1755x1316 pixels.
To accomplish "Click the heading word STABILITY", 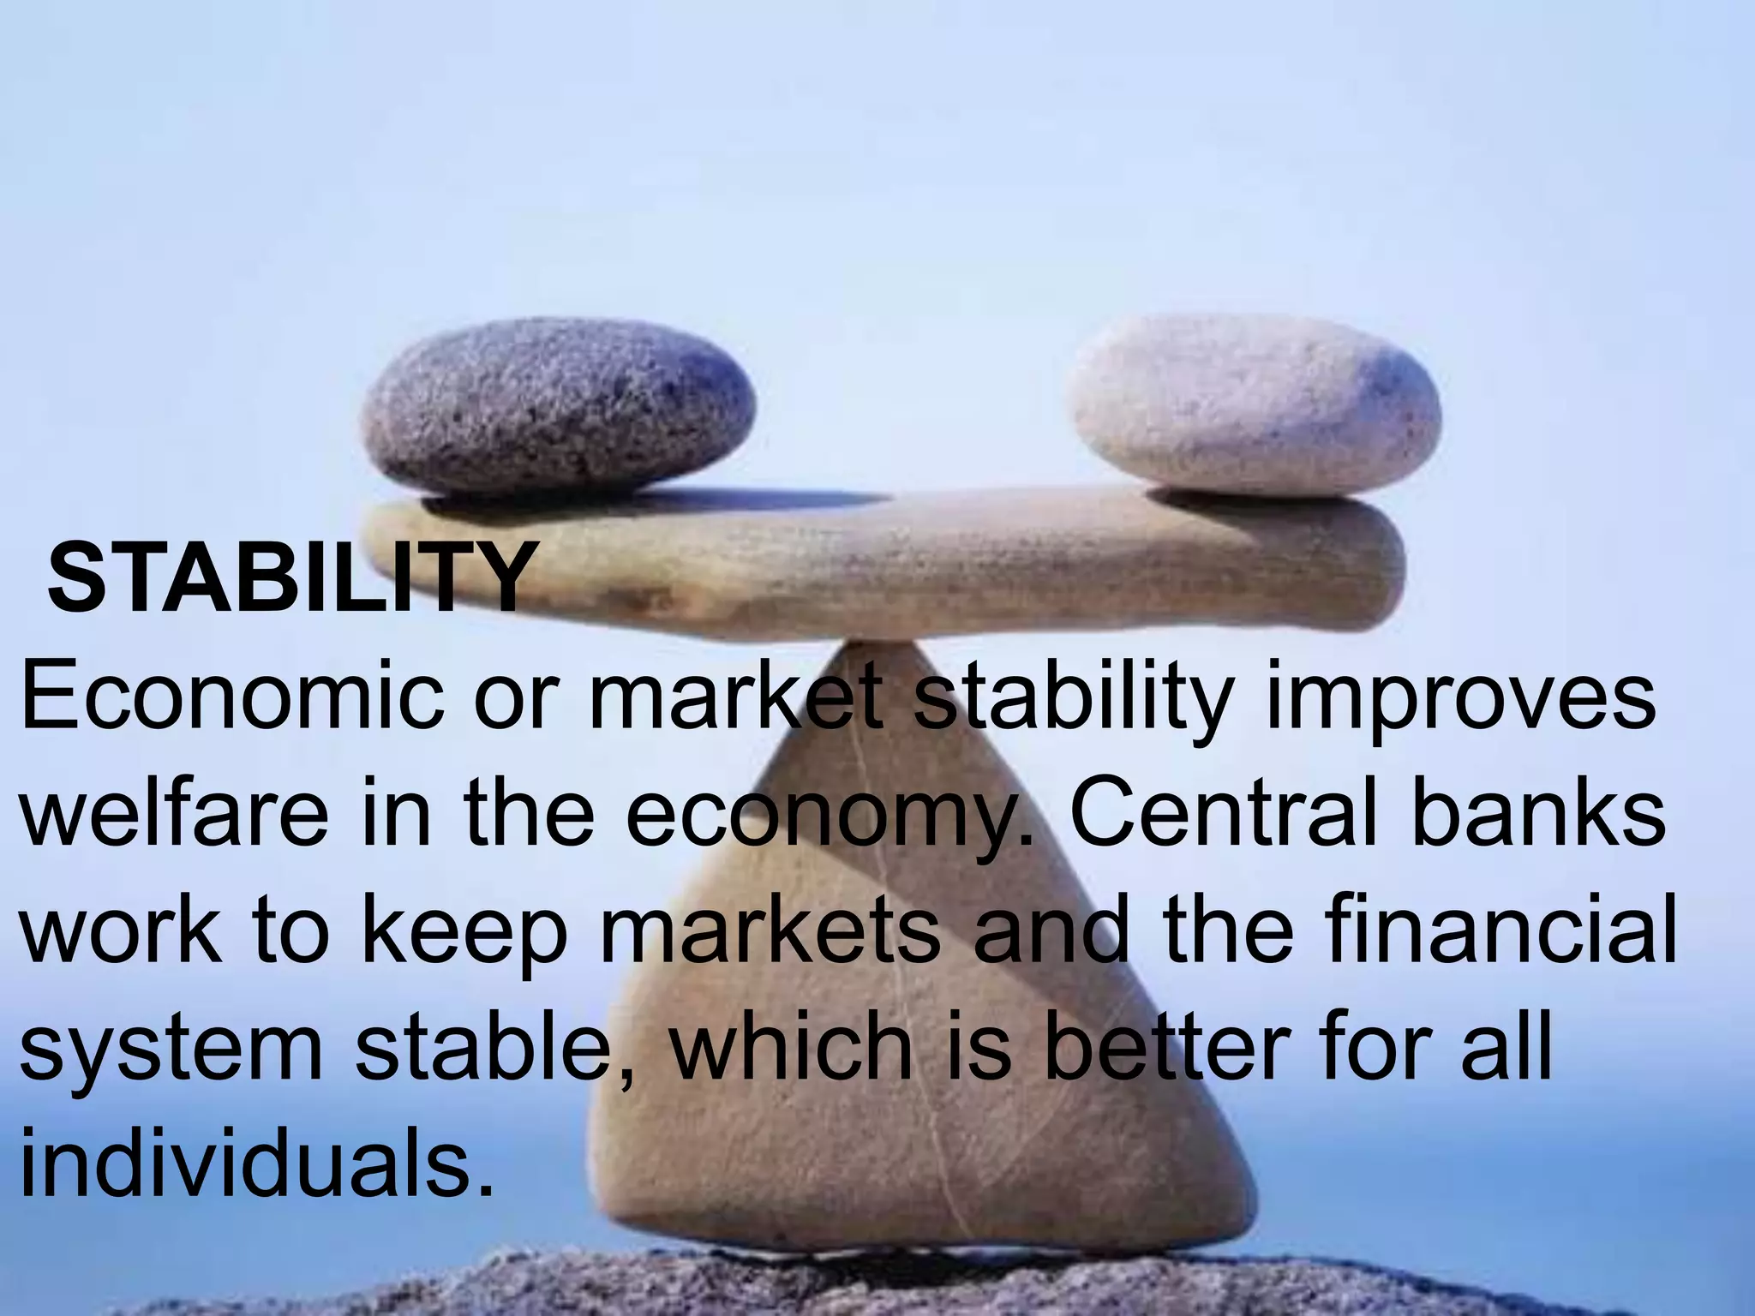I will click(289, 576).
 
